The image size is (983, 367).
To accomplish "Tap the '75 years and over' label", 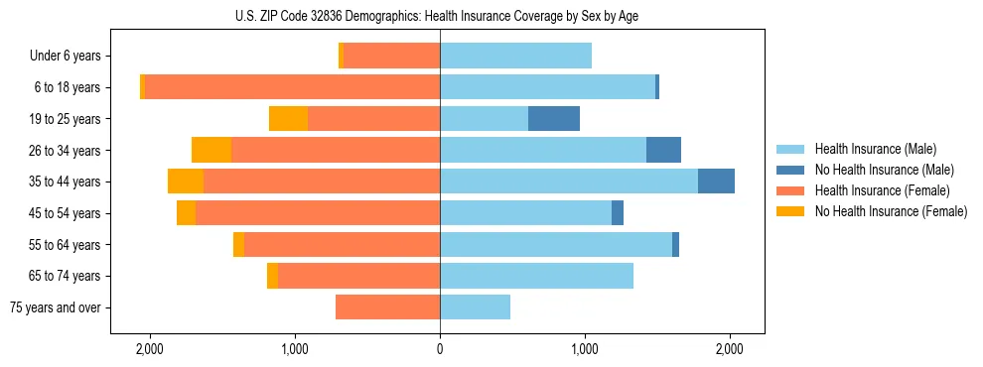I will point(56,307).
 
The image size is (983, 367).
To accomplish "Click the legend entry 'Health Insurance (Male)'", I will point(875,149).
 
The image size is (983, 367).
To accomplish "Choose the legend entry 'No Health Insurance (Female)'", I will point(891,211).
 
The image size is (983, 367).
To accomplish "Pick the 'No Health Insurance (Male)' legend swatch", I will point(790,170).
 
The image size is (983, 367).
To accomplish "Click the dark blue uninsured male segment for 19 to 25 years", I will point(553,119).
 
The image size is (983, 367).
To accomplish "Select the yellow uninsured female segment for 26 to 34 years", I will point(211,150).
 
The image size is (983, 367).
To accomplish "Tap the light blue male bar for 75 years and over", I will point(475,307).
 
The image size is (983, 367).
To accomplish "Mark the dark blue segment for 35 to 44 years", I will point(716,182).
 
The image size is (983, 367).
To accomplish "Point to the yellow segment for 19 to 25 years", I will point(288,119).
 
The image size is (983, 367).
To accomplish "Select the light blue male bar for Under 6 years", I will point(515,57).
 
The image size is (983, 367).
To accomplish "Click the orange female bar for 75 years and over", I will point(387,307).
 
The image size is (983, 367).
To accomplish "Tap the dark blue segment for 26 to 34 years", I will point(663,150).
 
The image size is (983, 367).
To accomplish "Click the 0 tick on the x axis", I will point(440,349).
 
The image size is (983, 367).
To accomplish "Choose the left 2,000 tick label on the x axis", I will point(150,349).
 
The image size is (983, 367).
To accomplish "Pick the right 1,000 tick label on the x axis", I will point(585,349).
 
